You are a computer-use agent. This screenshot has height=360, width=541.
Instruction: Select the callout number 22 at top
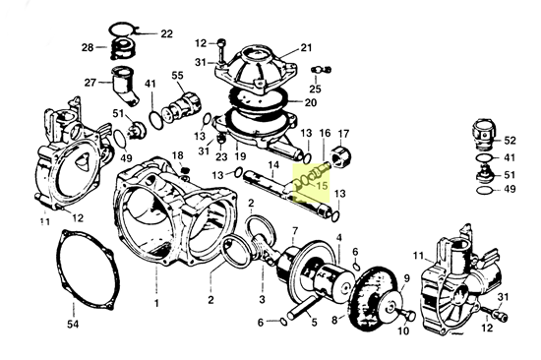(x=165, y=33)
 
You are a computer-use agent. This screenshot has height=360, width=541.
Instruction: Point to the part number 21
(x=306, y=47)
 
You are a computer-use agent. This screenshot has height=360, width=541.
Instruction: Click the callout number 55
(x=178, y=76)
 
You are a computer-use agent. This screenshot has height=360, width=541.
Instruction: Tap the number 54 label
(x=72, y=324)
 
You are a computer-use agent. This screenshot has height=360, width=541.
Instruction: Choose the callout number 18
(x=178, y=156)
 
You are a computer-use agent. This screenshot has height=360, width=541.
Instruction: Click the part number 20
(x=311, y=101)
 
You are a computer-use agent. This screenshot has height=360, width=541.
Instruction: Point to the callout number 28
(x=88, y=47)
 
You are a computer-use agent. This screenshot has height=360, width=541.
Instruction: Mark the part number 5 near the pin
(x=313, y=321)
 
